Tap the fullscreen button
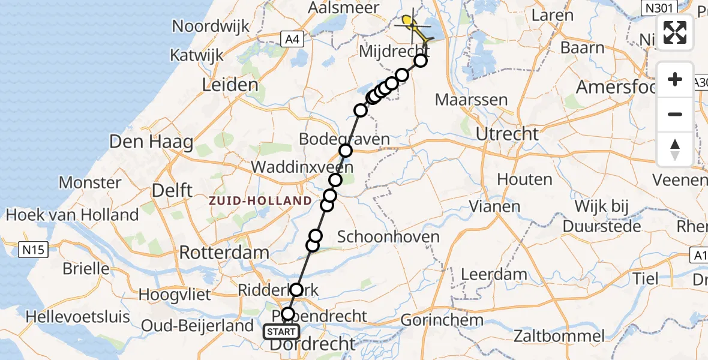point(675,32)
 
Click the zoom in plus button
point(675,80)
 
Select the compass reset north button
point(675,149)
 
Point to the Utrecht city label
point(507,134)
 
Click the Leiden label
point(230,85)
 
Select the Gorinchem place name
point(441,320)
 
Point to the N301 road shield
point(659,8)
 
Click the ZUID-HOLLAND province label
point(260,201)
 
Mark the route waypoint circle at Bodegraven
point(346,151)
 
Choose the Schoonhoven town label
point(388,236)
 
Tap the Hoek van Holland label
point(72,214)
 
